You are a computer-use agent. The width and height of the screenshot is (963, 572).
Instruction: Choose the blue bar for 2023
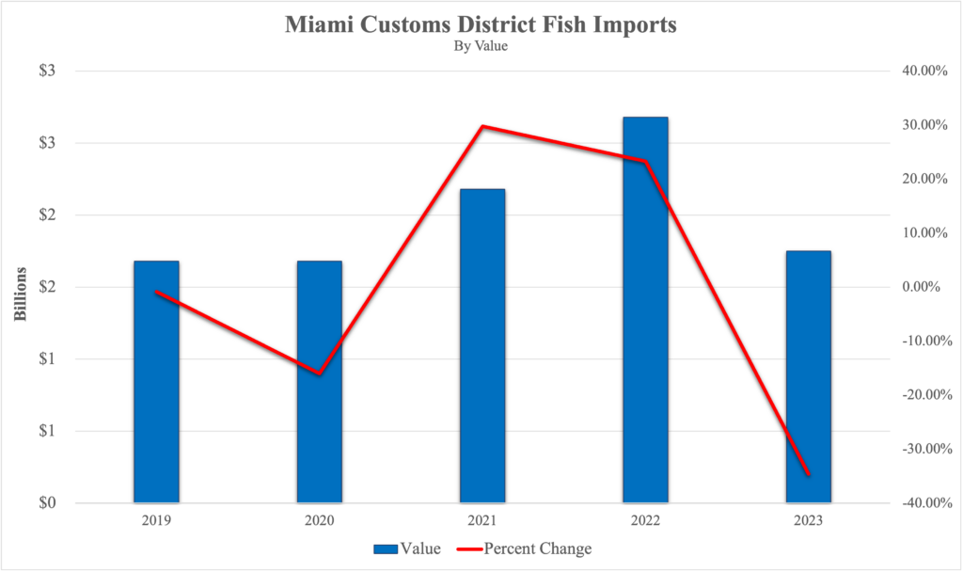point(809,376)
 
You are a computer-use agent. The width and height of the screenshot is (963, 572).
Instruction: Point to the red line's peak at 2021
point(482,126)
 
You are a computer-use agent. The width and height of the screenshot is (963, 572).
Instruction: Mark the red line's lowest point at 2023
point(809,474)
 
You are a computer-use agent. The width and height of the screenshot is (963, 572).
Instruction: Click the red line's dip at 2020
point(320,374)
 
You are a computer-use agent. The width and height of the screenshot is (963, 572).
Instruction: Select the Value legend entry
point(406,548)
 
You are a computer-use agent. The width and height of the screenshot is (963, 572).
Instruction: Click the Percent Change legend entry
point(526,548)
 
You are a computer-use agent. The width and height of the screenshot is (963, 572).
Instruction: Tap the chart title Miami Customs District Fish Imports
point(481,24)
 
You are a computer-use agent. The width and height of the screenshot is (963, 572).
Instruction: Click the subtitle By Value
point(481,46)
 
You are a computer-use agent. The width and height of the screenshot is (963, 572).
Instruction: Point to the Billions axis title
point(20,287)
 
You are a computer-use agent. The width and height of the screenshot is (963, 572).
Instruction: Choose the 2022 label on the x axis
point(645,520)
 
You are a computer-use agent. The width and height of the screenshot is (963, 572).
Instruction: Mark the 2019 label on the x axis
point(156,520)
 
